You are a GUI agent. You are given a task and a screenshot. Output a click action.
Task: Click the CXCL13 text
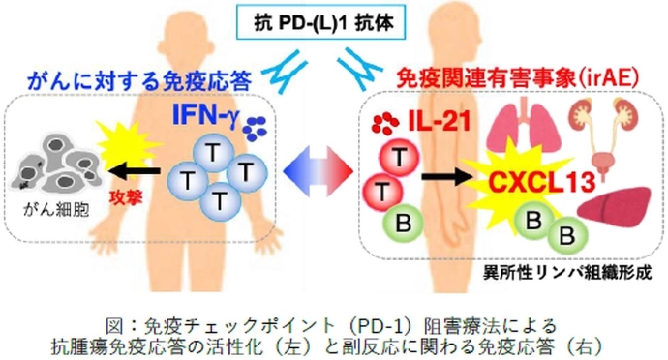(x=526, y=181)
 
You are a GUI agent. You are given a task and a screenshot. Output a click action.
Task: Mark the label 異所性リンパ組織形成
(x=564, y=274)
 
